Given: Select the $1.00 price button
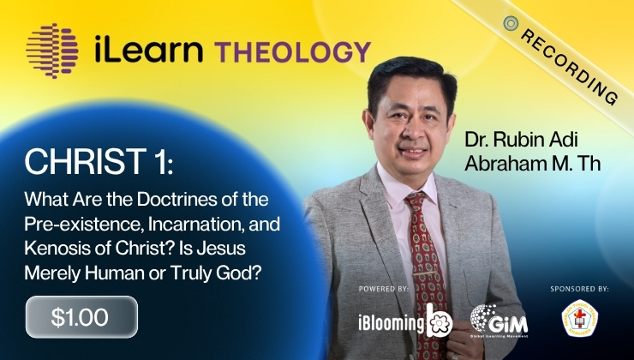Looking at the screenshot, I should coord(81,316).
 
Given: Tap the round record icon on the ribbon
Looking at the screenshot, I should coord(511,24).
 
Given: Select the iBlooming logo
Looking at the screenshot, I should coord(404,321).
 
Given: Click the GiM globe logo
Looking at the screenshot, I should coord(499,321).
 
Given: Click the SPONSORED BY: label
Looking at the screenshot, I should coord(579,290).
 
